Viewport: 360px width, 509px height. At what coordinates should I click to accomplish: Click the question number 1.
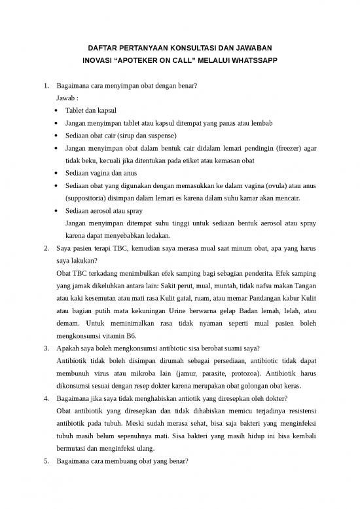[45, 86]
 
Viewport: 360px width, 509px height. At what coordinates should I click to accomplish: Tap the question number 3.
[45, 348]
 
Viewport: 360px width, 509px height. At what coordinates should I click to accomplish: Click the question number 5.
[45, 460]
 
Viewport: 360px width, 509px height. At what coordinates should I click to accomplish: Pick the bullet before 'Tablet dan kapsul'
[60, 111]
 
